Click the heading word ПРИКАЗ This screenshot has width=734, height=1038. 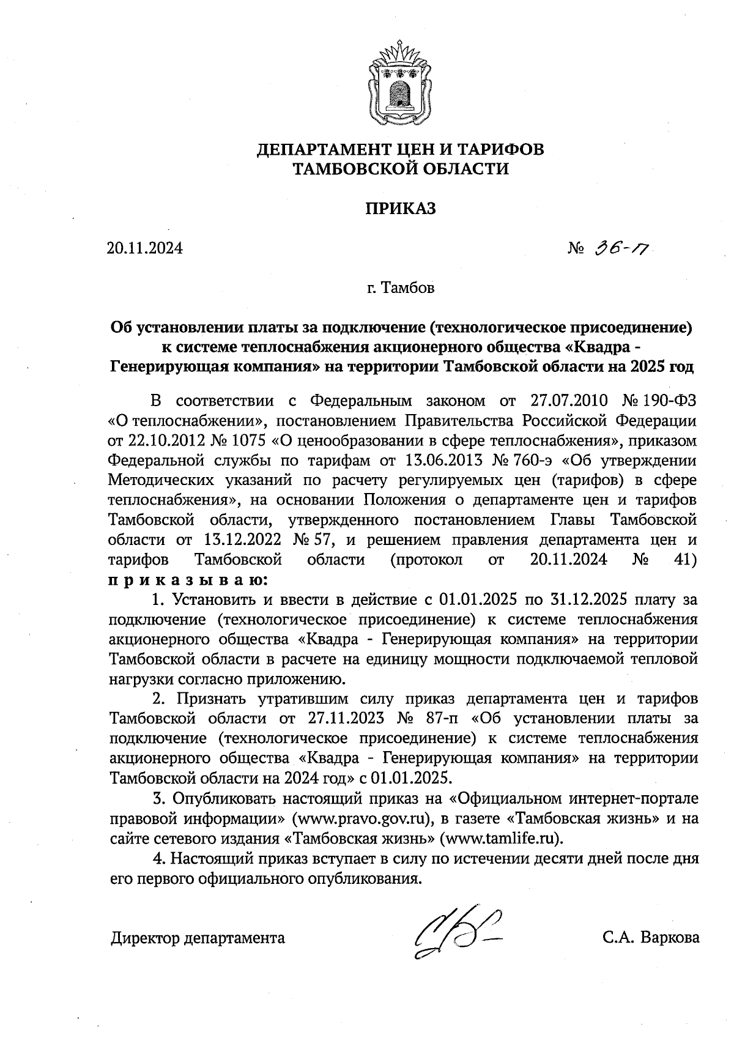point(401,209)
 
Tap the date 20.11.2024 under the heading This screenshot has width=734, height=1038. point(145,249)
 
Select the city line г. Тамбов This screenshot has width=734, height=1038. point(401,287)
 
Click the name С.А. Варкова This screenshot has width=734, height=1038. point(650,938)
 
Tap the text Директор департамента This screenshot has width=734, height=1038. point(198,938)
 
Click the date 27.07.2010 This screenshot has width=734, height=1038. point(566,401)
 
